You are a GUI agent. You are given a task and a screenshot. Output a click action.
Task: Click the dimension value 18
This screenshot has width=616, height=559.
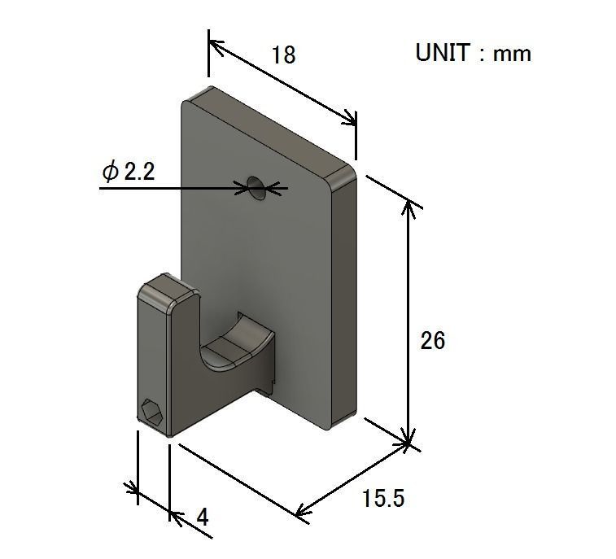(283, 55)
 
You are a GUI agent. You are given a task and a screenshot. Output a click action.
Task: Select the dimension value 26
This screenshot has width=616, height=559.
(433, 340)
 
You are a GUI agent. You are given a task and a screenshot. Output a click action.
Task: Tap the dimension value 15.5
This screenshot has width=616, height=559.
(382, 498)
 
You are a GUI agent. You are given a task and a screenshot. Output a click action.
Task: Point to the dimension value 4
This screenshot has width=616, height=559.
(203, 517)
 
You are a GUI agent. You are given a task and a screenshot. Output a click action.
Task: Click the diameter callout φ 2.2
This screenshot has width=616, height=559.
(128, 172)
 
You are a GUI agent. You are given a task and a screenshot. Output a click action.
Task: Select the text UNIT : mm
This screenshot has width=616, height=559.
(473, 54)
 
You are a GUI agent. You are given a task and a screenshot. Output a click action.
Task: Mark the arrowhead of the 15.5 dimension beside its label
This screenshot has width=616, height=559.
(304, 511)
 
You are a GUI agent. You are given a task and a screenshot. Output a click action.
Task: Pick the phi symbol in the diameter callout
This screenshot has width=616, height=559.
(110, 172)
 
